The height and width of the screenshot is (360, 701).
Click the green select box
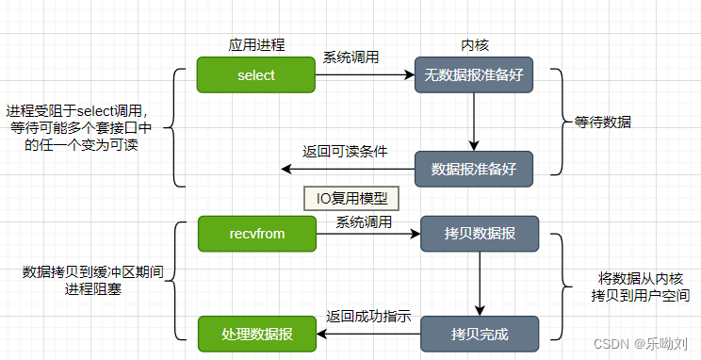click(x=256, y=75)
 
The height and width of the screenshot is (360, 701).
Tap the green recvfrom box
click(x=256, y=233)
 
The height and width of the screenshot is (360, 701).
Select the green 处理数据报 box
click(x=256, y=334)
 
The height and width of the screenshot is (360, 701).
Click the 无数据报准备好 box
click(x=474, y=75)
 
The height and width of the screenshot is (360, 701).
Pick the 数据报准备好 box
click(x=474, y=170)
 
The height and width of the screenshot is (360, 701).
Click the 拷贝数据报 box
click(x=479, y=233)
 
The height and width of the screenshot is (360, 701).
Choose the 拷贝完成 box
click(x=479, y=334)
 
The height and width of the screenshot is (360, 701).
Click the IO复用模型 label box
click(x=351, y=199)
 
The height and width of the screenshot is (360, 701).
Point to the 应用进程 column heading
click(x=256, y=44)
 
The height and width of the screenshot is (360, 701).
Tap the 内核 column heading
click(x=474, y=44)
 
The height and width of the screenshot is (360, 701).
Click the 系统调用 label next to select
click(x=351, y=57)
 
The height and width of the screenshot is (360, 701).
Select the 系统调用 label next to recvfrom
click(x=364, y=222)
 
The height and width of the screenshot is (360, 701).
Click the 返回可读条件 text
click(x=345, y=151)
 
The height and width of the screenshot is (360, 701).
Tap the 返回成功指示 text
click(x=368, y=317)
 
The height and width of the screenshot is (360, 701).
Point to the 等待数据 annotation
click(x=603, y=123)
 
